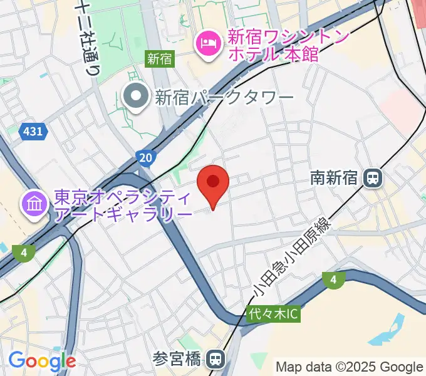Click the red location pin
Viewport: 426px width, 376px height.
(x=213, y=183)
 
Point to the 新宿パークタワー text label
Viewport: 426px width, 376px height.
(x=224, y=97)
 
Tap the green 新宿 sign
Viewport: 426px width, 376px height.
(x=160, y=59)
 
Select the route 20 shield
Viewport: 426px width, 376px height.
(x=144, y=157)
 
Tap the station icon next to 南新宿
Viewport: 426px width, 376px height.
(x=373, y=178)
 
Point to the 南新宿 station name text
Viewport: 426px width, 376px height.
(x=334, y=178)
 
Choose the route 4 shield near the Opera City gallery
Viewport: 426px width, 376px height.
(x=23, y=253)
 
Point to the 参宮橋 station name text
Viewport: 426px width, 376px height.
(x=177, y=359)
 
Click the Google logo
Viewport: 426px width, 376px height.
(x=42, y=361)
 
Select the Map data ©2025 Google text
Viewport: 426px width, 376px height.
(x=350, y=367)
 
